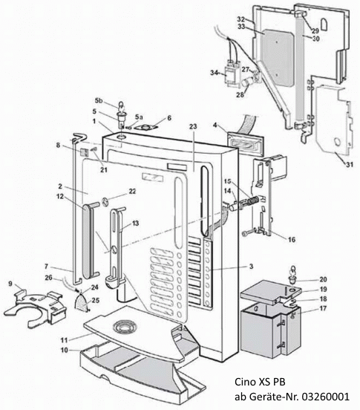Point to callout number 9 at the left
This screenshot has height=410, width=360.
[x=10, y=283]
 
